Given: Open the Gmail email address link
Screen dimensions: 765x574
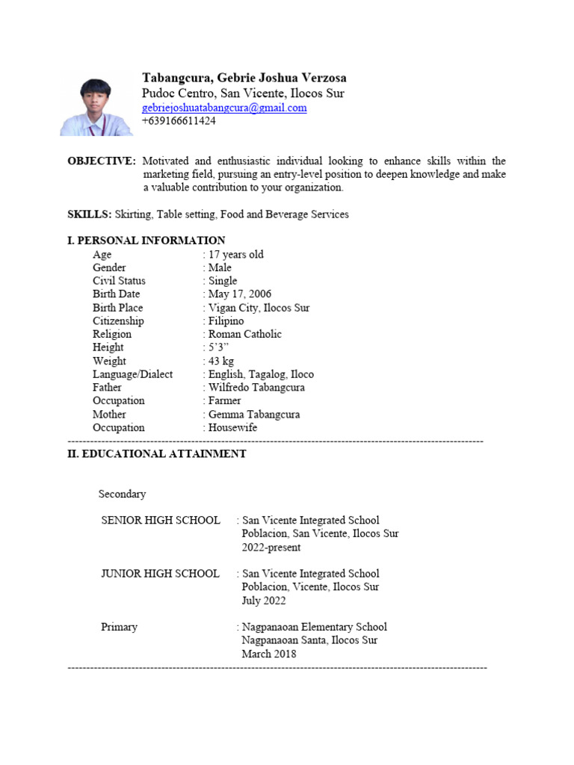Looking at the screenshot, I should pos(224,108).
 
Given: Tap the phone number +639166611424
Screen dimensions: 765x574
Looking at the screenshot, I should pos(179,120).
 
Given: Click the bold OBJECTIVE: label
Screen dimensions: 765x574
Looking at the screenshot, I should pos(102,161).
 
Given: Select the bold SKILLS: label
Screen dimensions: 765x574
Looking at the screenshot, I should pos(90,214).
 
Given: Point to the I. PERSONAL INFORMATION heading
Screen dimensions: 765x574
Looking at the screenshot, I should pos(146,241).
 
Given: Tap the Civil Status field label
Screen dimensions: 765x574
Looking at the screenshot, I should pos(119,281).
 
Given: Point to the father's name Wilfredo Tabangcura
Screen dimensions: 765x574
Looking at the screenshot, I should pos(256,388).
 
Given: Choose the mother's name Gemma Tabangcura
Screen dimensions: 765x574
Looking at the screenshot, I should pos(253,415).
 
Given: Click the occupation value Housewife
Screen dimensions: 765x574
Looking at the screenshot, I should pos(232,428).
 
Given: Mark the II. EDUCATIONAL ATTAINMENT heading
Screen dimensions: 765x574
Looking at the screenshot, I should pos(157,453).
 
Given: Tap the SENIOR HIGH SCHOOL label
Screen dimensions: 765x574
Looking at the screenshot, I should pos(161,520).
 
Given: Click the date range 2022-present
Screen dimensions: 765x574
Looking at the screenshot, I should pos(271,547).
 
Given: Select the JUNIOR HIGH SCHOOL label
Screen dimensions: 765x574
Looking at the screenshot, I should pos(160,574).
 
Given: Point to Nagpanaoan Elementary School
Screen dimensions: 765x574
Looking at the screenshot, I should pos(314,628).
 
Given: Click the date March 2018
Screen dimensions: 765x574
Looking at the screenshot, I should pos(268,654).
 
